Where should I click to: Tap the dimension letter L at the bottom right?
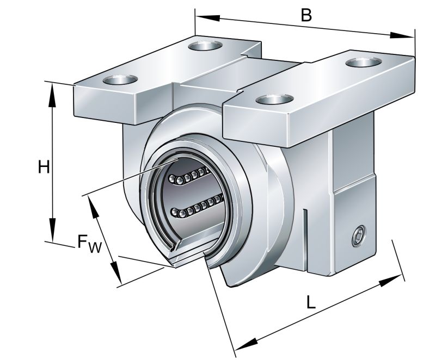[x=310, y=303]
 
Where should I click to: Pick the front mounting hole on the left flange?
[x=120, y=79]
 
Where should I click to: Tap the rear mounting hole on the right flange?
[x=362, y=61]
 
